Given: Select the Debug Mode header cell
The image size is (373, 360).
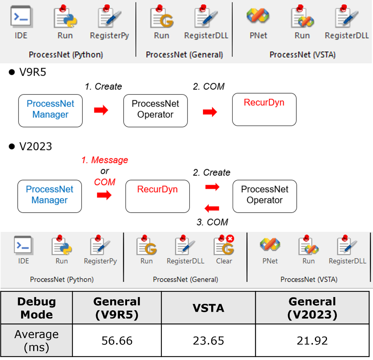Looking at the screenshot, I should tap(37, 308).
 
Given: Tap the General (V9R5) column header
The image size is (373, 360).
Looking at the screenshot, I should tap(117, 308).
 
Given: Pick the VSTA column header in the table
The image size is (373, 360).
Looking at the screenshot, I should tap(208, 308).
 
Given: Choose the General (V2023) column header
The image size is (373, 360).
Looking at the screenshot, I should tap(312, 308).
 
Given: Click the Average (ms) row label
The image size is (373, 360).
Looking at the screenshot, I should tap(37, 340).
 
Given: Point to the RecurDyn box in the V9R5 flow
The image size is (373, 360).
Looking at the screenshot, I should tap(264, 110).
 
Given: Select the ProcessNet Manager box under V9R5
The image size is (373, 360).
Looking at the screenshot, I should tap(50, 110).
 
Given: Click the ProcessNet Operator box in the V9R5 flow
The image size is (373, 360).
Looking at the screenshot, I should tap(155, 110).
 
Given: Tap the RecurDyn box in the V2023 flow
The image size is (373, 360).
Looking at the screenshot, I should tap(157, 196).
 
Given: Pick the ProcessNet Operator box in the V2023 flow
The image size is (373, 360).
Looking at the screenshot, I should tap(264, 196).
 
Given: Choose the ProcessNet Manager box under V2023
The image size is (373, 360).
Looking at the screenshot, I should tap(49, 196).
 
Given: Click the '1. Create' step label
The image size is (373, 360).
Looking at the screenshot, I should tap(103, 87).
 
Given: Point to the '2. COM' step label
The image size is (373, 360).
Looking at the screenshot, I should tap(209, 87).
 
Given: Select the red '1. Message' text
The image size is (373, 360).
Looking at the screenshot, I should tap(105, 160).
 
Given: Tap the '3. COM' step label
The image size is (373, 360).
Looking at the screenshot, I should tap(212, 222).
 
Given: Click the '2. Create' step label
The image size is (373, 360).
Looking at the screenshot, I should tap(211, 173).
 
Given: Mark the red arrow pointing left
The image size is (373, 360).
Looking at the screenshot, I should tap(212, 208).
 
